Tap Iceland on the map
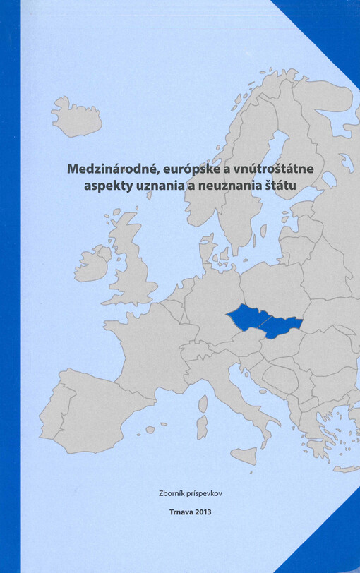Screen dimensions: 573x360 [x=76, y=116]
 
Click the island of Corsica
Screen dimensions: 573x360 [x=203, y=403]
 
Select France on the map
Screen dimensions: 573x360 [x=148, y=346]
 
